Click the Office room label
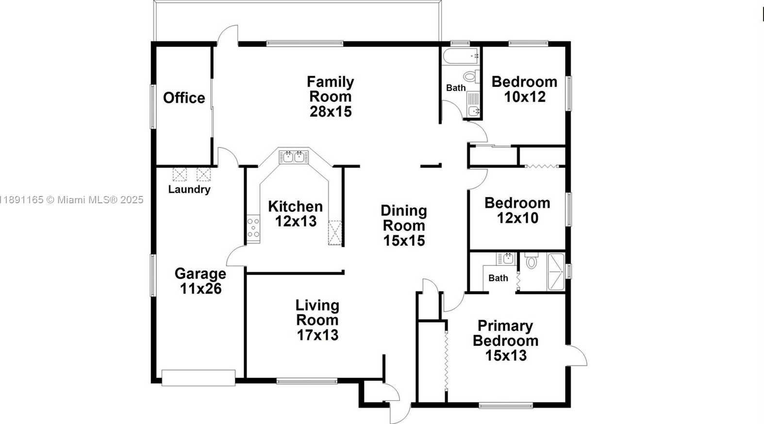point(184,98)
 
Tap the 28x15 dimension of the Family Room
point(331,112)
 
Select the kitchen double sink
point(294,157)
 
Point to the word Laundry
point(189,190)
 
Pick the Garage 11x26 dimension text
point(200,288)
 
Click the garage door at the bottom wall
point(199,378)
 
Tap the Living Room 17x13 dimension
point(317,335)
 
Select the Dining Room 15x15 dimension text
point(404,240)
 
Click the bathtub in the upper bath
point(461,56)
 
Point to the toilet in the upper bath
point(472,76)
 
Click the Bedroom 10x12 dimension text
point(525,97)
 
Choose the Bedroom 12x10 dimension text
point(518,218)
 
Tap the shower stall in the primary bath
point(556,272)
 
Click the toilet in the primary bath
point(531,261)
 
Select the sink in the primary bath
point(505,259)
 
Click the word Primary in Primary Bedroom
point(505,326)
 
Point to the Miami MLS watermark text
point(71,200)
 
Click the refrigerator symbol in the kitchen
point(335,233)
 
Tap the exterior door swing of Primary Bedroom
point(577,356)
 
